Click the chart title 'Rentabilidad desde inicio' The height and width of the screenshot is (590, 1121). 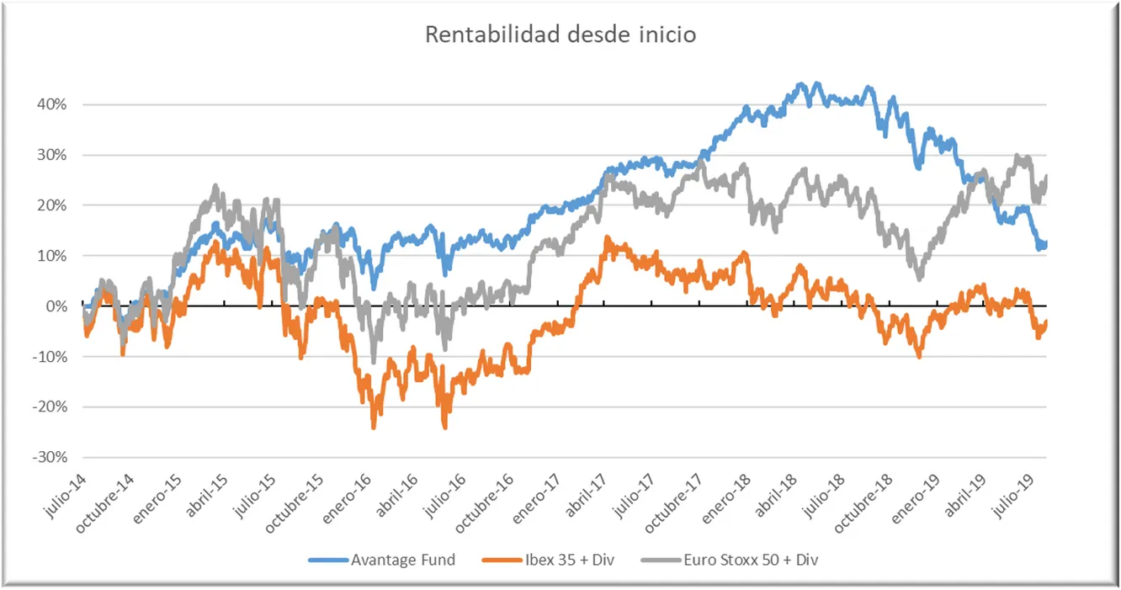point(560,35)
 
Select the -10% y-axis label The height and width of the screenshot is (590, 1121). point(49,357)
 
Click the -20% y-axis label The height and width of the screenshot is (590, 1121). point(49,407)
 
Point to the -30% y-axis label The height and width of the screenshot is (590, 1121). point(49,457)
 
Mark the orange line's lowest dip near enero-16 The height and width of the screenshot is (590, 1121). point(374,427)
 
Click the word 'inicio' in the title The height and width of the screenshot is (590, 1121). point(667,35)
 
